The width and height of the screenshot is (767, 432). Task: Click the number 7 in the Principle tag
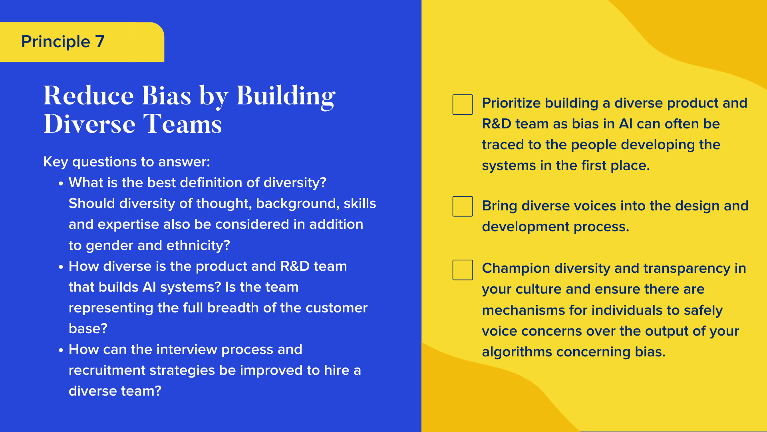coord(100,42)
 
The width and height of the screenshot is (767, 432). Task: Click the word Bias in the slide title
coord(167,96)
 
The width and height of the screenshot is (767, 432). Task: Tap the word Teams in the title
coord(182,124)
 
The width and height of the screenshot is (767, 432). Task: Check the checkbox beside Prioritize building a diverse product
coord(463,104)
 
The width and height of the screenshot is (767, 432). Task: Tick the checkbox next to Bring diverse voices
coord(463,206)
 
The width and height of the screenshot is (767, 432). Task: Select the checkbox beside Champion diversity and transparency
coord(463,270)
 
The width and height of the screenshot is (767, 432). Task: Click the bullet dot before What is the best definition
coord(61,184)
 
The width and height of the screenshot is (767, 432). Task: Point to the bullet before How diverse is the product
coord(61,267)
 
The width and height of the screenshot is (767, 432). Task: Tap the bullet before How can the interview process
coord(61,350)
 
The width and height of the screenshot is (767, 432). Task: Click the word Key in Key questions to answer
coord(56,162)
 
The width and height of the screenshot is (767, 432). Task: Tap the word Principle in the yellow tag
coord(56,42)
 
